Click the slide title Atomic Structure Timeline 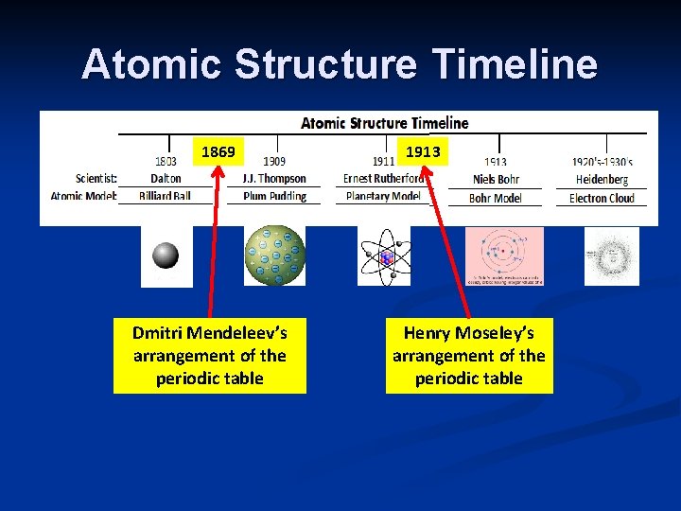(340, 64)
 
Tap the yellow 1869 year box (218, 151)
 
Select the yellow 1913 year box (423, 151)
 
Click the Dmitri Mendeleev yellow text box (210, 356)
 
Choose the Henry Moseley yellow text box (469, 356)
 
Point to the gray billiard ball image (166, 255)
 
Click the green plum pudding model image (275, 255)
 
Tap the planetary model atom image (384, 256)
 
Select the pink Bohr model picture (504, 255)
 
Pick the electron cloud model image (611, 255)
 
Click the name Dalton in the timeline (166, 179)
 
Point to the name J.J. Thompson (274, 179)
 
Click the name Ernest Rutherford (383, 179)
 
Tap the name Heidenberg (602, 180)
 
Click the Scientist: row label (96, 179)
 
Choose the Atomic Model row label (83, 197)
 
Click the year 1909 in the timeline (274, 162)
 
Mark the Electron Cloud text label (602, 198)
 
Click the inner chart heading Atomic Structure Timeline (384, 123)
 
